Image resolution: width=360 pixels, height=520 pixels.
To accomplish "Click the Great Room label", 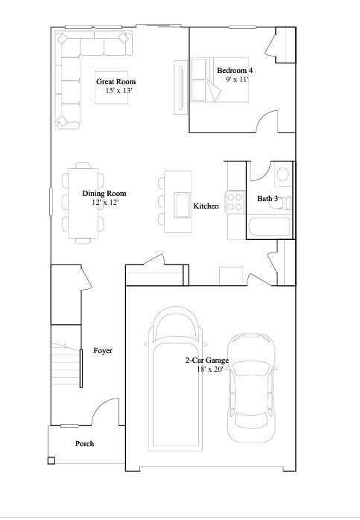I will click(116, 82).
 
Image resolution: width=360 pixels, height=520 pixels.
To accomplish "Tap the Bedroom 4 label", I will click(235, 70).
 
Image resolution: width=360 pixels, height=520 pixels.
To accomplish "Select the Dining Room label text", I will click(104, 194).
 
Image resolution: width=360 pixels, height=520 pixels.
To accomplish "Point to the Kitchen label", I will click(206, 206).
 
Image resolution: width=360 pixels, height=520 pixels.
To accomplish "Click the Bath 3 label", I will click(268, 199).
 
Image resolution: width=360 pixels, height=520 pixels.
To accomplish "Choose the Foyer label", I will click(103, 350).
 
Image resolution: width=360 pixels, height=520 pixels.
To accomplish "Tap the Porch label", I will click(85, 444).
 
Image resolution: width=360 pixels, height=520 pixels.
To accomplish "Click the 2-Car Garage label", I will click(207, 361).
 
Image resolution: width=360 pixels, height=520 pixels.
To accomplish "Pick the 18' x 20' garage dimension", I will click(209, 370).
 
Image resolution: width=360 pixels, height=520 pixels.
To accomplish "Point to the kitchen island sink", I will click(182, 203).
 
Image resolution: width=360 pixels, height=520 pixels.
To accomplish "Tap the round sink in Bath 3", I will click(282, 175).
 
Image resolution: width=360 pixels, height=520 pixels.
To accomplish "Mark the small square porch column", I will click(51, 460).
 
